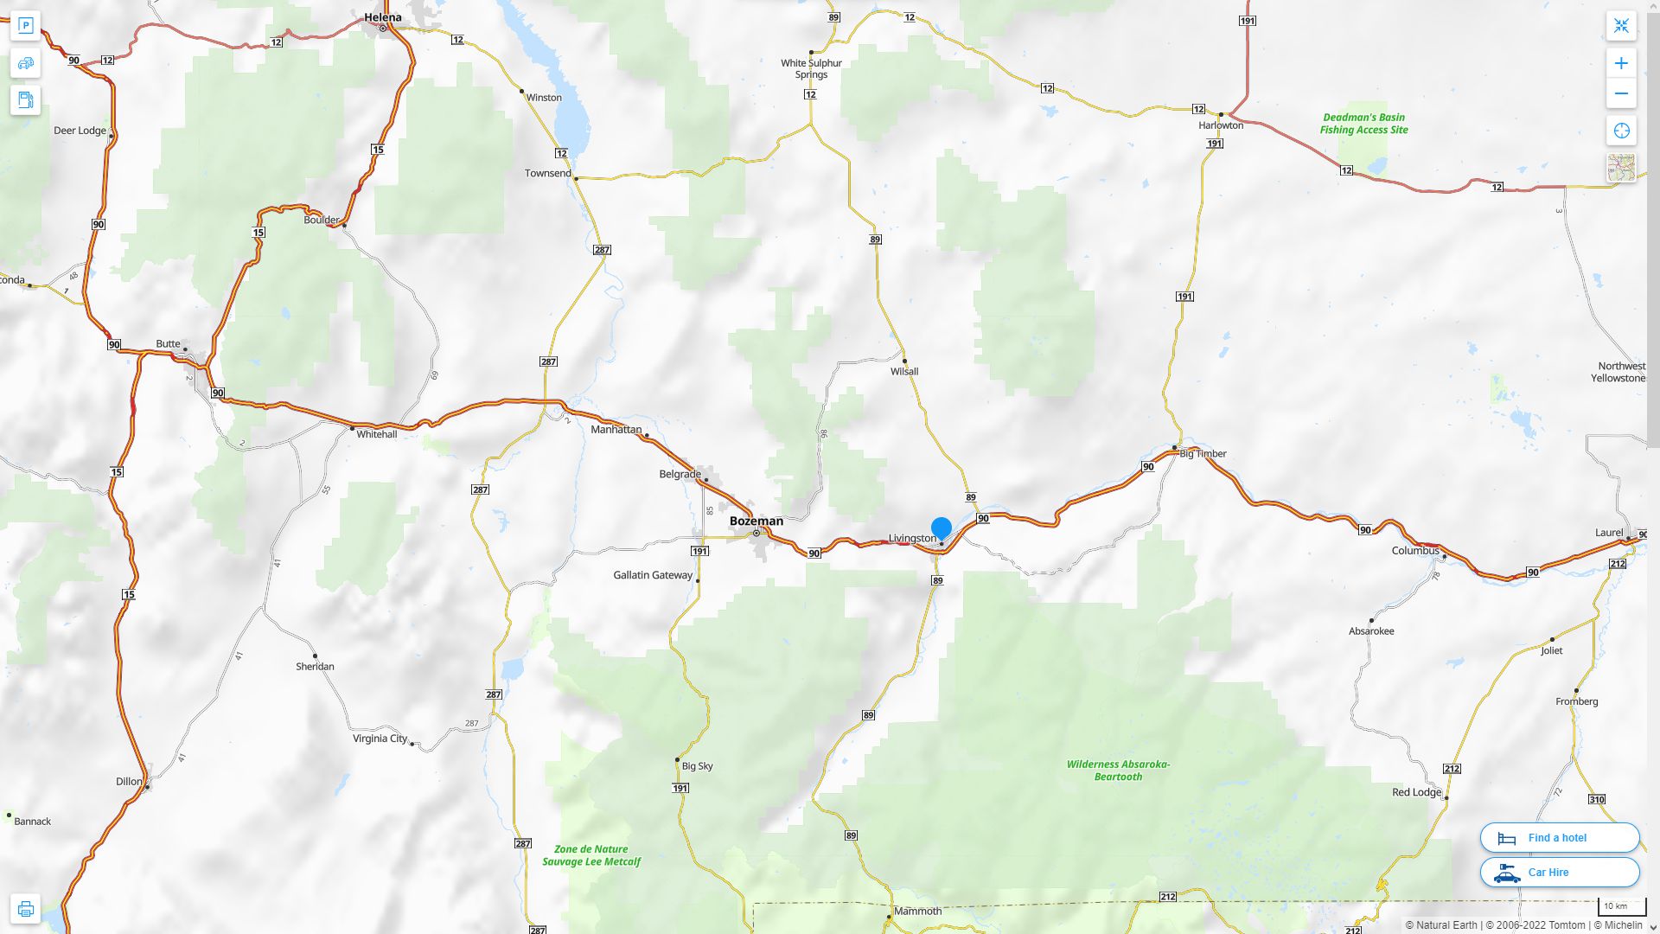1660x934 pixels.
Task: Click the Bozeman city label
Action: point(756,521)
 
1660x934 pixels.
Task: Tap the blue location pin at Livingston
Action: point(941,528)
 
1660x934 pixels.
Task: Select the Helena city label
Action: point(382,17)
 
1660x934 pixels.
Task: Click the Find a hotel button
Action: point(1559,837)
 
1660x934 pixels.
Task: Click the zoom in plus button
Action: point(1621,63)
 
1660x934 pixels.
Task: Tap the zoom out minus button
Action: point(1621,93)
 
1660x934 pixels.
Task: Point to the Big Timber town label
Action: point(1203,453)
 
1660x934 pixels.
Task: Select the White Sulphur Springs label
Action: point(811,68)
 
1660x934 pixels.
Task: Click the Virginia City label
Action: point(380,739)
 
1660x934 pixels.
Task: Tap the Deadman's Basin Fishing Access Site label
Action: point(1363,124)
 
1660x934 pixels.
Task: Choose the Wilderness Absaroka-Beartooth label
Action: point(1118,770)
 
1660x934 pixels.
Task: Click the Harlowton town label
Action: point(1221,125)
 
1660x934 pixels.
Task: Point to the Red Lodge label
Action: point(1416,792)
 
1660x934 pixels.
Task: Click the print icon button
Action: point(25,909)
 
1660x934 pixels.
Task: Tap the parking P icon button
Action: point(25,25)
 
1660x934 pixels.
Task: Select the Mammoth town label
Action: point(917,911)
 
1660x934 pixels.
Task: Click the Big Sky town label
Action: point(697,765)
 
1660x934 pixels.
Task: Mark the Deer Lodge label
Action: point(80,131)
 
